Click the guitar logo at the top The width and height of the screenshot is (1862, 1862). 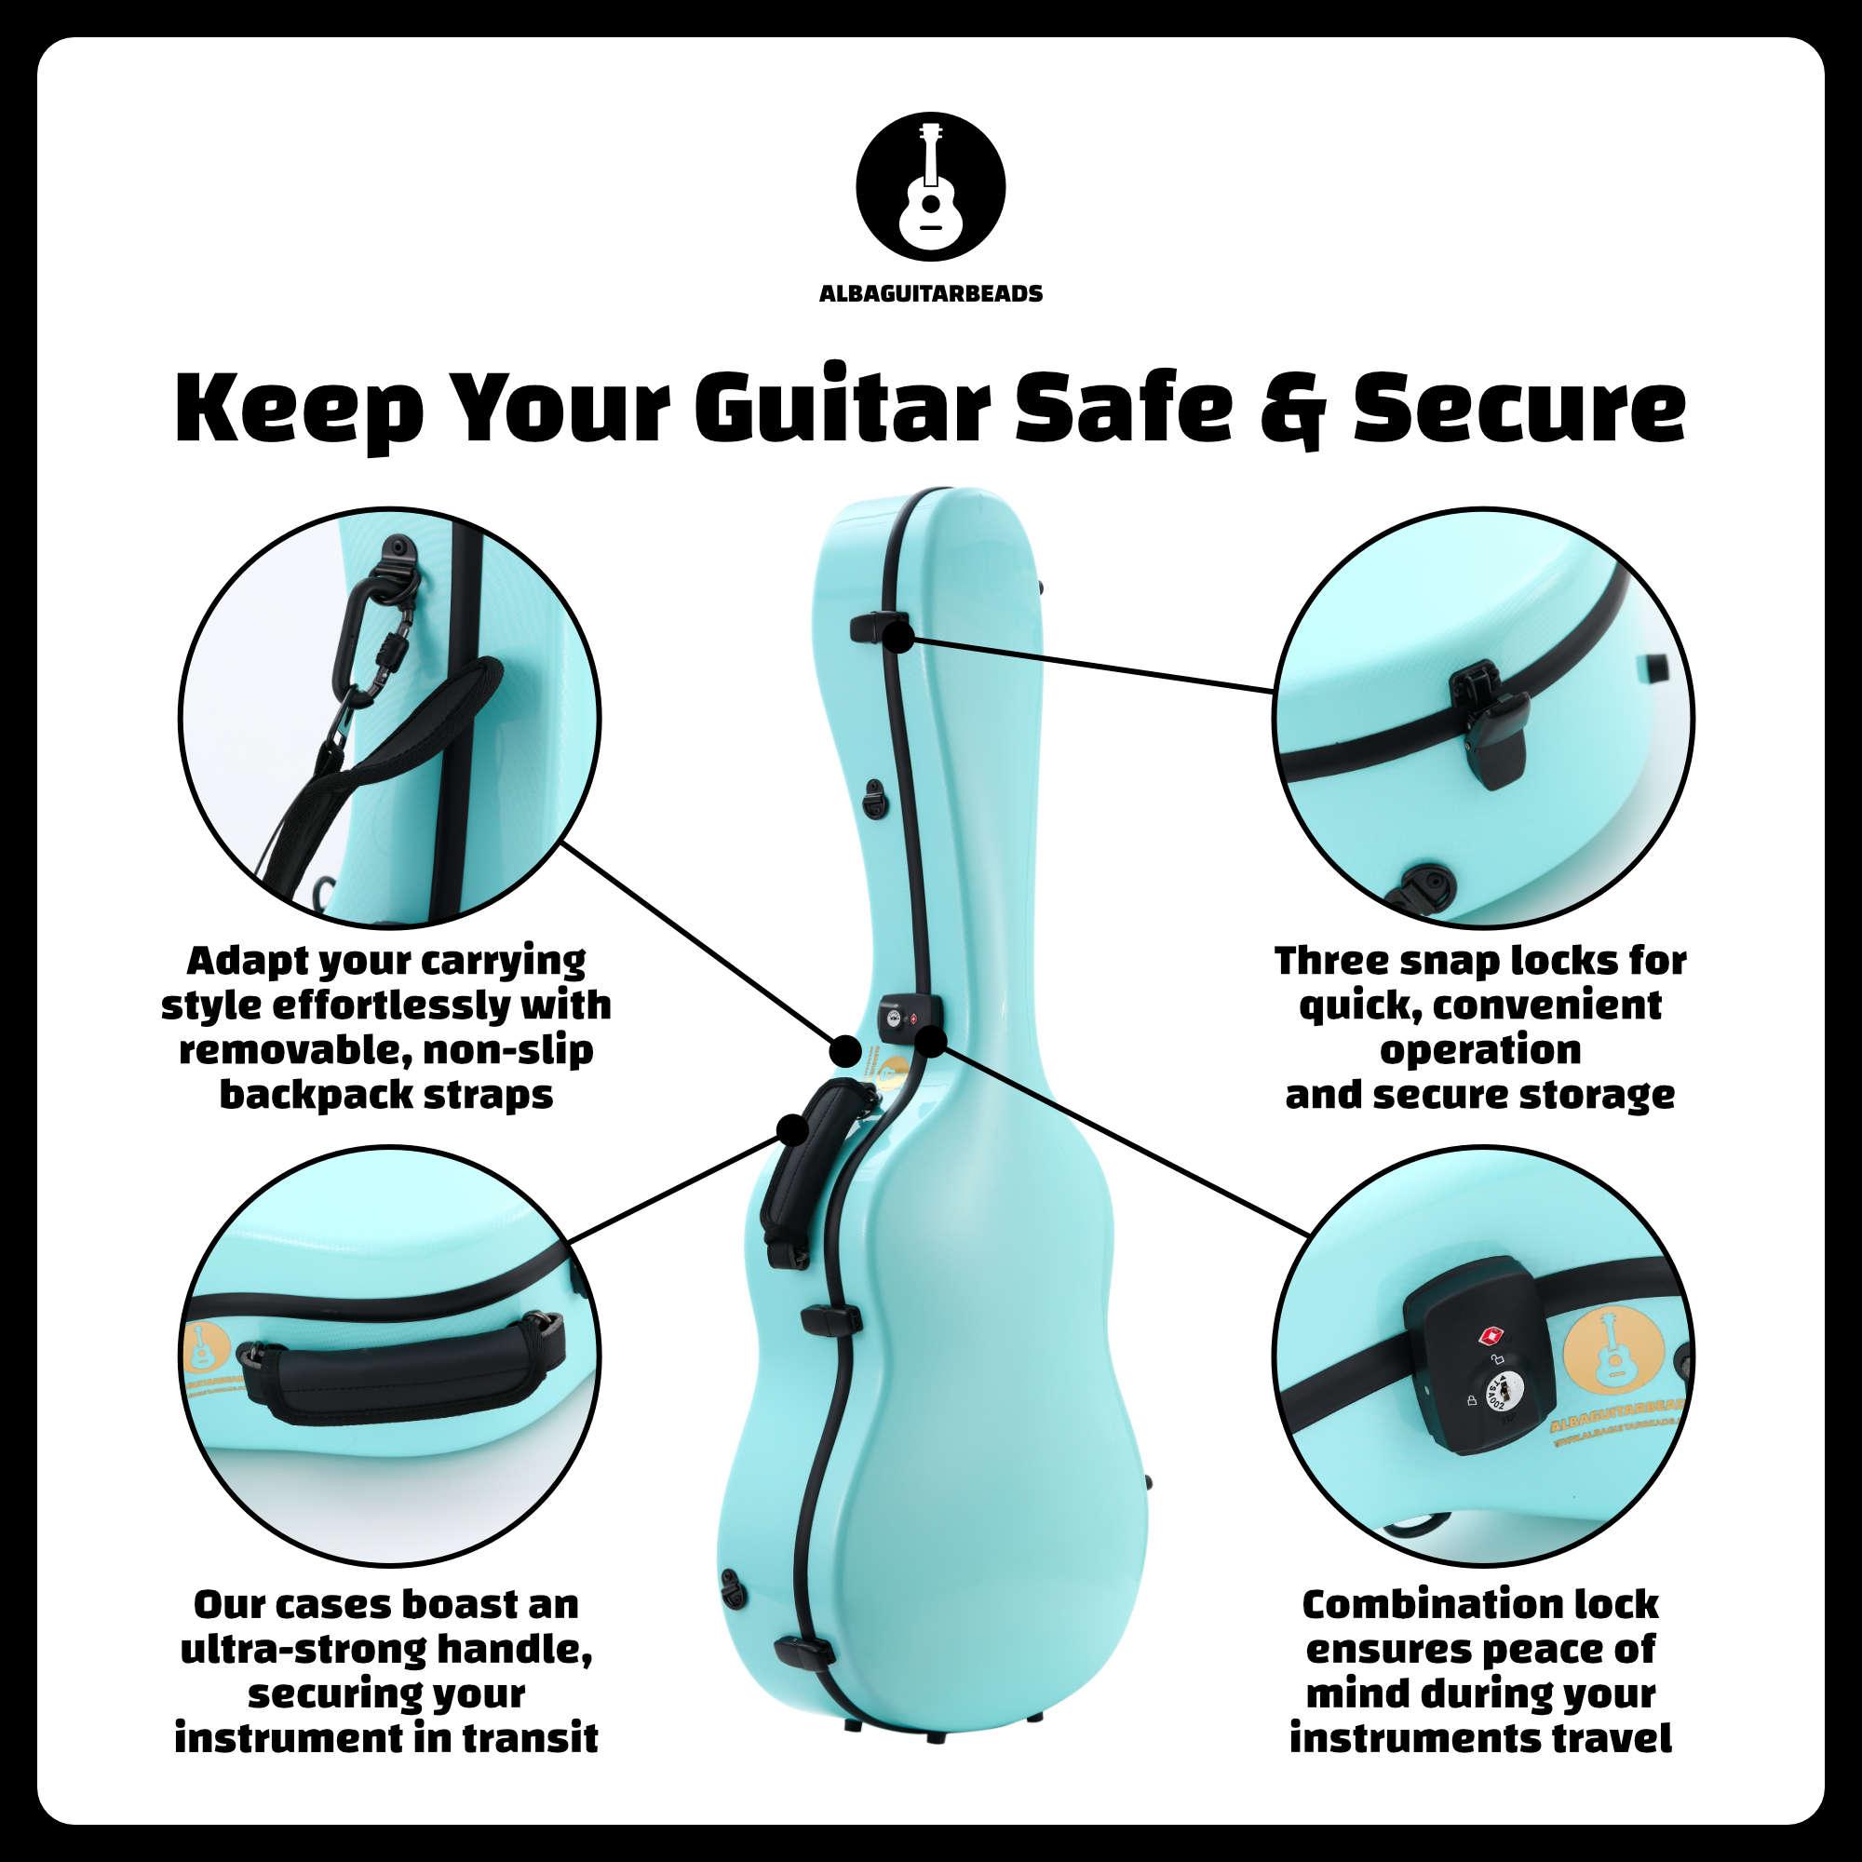point(930,185)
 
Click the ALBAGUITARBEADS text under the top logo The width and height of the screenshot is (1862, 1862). point(930,294)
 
